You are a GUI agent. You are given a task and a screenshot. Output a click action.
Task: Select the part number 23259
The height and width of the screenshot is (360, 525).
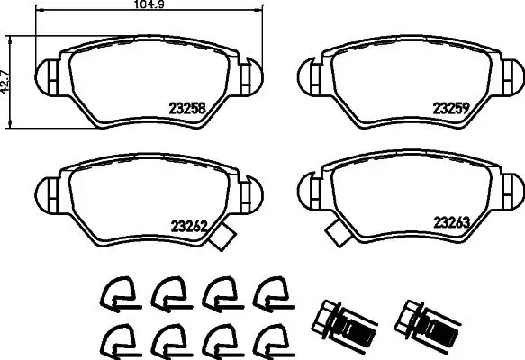pyautogui.click(x=453, y=106)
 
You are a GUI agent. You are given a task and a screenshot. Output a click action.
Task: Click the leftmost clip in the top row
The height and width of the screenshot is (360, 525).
pyautogui.click(x=113, y=291)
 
